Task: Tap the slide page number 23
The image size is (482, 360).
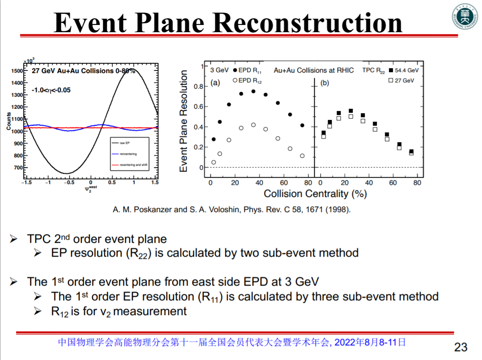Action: click(x=461, y=347)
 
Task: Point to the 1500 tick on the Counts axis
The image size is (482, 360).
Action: click(x=16, y=71)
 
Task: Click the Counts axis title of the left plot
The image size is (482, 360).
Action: click(x=9, y=121)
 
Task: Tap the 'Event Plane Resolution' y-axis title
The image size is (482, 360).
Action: click(x=183, y=122)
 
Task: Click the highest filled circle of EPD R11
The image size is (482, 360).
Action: click(x=253, y=91)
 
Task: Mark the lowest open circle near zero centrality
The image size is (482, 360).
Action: click(x=214, y=162)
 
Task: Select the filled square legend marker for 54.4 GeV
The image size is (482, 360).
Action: click(x=390, y=70)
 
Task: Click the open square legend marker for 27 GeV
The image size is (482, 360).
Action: click(x=390, y=81)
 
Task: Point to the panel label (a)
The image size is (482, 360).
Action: click(x=214, y=82)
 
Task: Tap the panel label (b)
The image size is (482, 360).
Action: click(x=325, y=82)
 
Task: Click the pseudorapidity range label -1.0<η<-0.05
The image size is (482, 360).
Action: click(x=51, y=90)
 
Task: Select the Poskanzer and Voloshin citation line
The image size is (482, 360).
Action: click(x=231, y=209)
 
